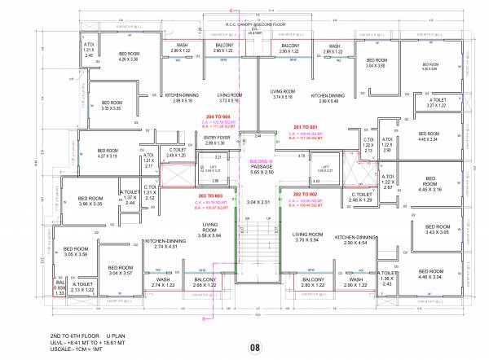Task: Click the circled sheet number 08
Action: click(x=253, y=348)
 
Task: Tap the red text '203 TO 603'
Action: click(x=209, y=195)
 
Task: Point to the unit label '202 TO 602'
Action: click(x=303, y=195)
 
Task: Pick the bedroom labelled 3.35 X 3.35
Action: click(x=112, y=103)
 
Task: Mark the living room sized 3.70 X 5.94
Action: click(x=304, y=238)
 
